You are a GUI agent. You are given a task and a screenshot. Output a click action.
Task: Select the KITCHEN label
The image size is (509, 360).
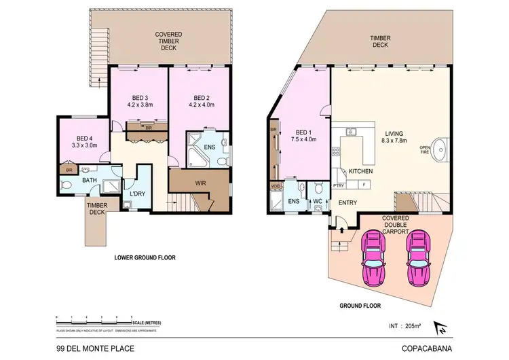[360, 171]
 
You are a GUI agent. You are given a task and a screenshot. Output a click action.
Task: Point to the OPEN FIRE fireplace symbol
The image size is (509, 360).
[439, 145]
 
